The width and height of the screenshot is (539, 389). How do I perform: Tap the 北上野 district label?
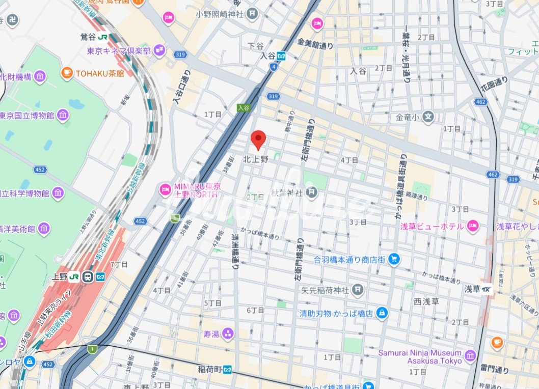coord(255,159)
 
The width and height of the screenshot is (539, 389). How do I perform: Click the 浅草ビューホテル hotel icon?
coord(473,226)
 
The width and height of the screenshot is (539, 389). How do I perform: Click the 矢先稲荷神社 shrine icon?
coord(358,290)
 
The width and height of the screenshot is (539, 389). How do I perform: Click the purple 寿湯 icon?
coord(227,334)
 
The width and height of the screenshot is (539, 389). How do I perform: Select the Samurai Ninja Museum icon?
coord(470,356)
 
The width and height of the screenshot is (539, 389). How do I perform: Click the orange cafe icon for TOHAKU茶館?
coord(66,73)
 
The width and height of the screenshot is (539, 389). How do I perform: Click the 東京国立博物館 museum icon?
coord(63,116)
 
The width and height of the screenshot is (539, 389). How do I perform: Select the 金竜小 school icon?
coord(429,117)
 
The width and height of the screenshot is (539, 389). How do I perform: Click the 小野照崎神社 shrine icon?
coord(252,14)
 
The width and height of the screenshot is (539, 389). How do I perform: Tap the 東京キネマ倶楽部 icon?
coord(159,50)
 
